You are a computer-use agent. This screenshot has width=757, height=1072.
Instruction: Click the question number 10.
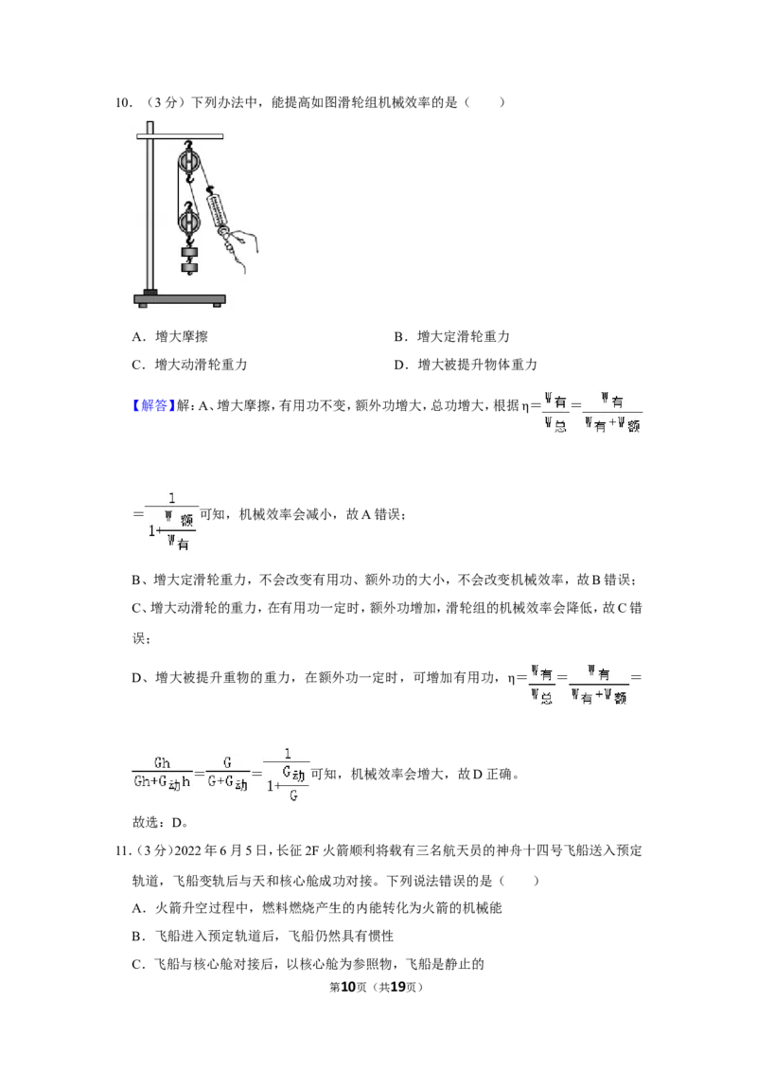pos(124,102)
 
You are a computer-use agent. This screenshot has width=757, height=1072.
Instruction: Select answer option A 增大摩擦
pos(169,336)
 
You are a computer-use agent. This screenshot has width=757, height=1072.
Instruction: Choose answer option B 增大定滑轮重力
pos(451,336)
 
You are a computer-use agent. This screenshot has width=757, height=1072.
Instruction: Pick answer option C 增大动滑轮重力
pos(189,365)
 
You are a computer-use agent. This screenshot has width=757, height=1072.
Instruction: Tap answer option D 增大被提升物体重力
pos(466,365)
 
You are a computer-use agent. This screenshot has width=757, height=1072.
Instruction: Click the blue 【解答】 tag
pos(150,405)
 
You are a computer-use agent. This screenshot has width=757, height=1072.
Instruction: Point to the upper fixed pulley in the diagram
pos(189,163)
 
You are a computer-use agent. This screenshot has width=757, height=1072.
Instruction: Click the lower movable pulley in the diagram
pos(188,220)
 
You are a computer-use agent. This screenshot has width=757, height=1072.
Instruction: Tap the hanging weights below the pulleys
pos(190,260)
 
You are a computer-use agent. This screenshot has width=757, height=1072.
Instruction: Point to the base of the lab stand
pos(180,299)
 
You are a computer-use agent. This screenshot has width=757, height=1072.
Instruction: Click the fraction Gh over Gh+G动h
pos(162,774)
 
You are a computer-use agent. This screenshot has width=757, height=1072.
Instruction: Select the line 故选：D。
pos(160,822)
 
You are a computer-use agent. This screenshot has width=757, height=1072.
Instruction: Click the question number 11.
pos(123,851)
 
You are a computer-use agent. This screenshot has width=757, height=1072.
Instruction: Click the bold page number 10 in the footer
pos(348,987)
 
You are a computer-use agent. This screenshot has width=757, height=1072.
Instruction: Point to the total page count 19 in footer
pos(397,987)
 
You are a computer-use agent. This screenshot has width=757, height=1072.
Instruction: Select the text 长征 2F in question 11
pos(297,851)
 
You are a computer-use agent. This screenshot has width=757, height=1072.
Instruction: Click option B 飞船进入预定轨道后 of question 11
pos(262,936)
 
